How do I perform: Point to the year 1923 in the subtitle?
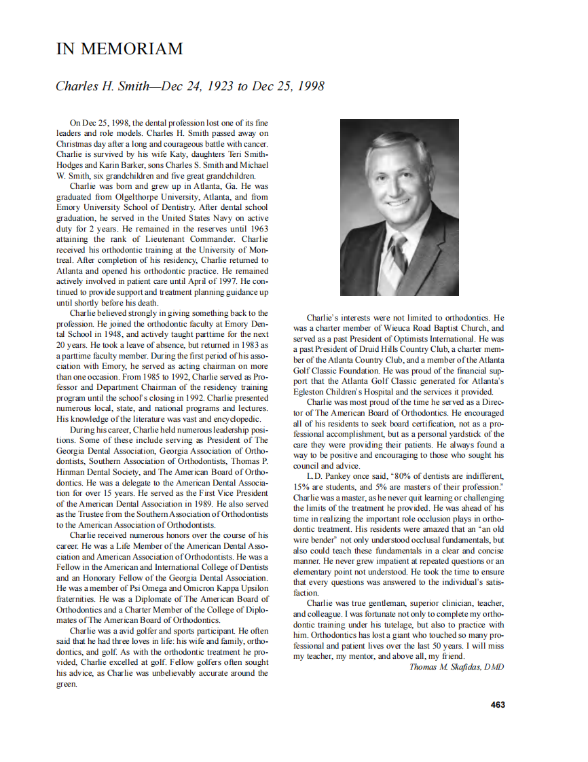tap(207, 86)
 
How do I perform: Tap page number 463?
tap(498, 705)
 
